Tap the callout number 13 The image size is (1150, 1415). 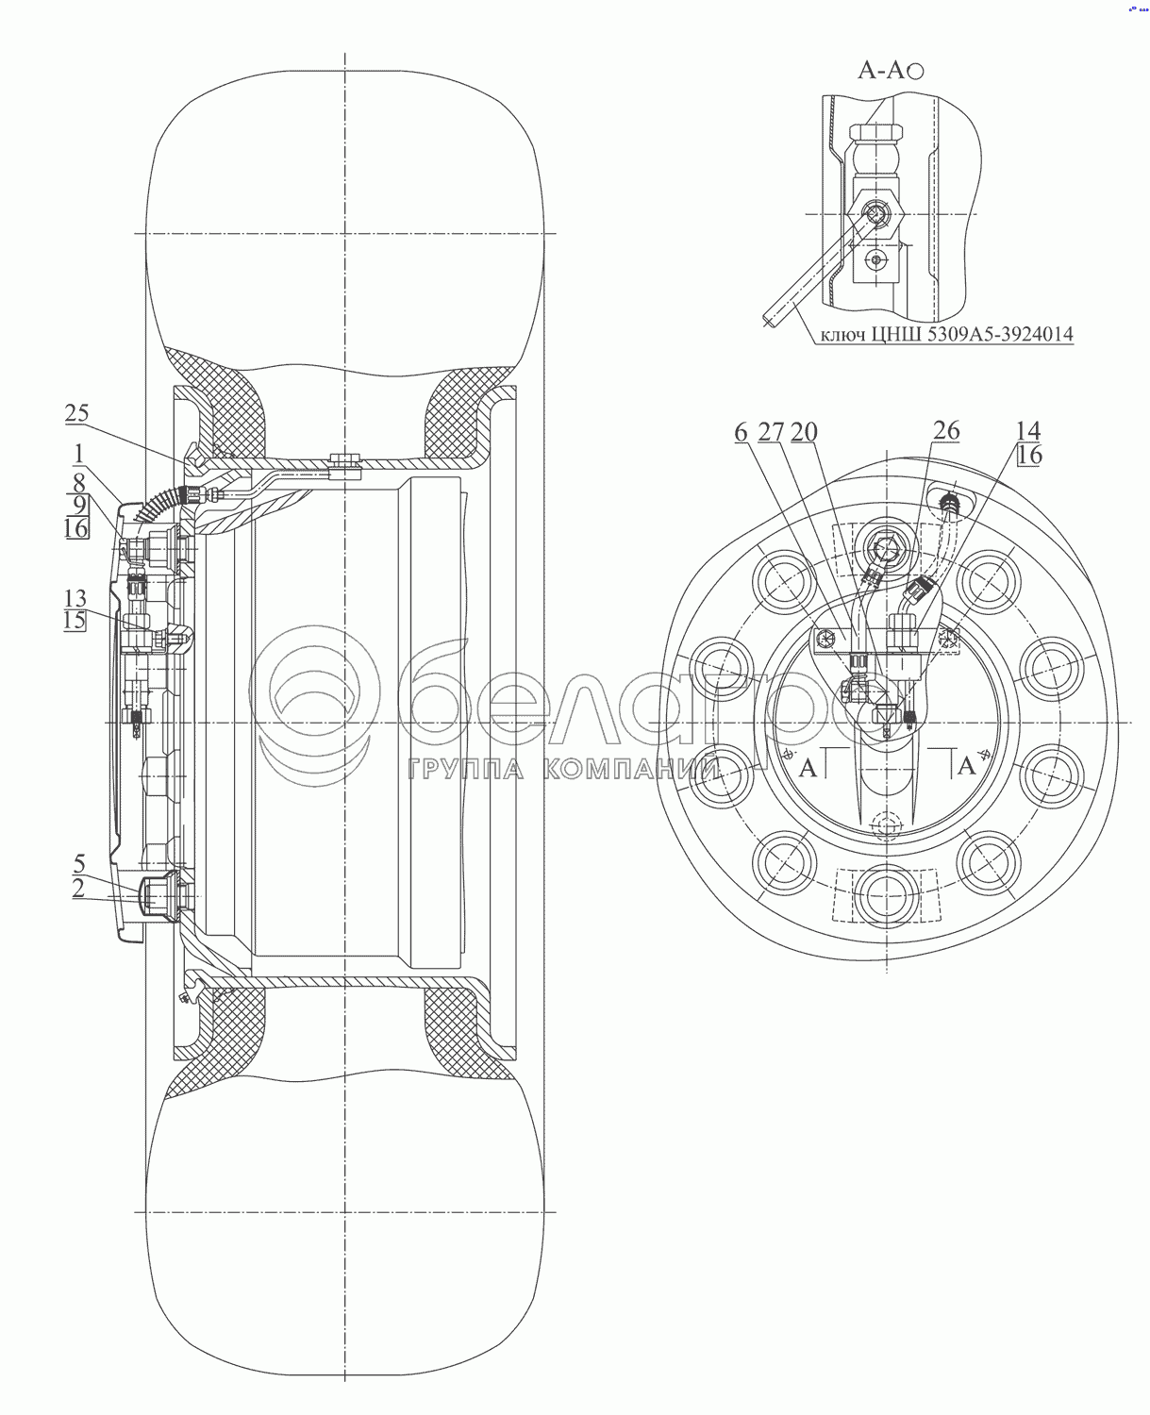(x=75, y=599)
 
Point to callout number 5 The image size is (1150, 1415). (x=80, y=862)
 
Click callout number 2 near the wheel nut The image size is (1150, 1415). (x=80, y=887)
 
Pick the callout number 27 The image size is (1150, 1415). (x=771, y=431)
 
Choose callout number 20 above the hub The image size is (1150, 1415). (x=805, y=431)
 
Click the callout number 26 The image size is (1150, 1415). (x=946, y=431)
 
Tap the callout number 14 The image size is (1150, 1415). (x=1027, y=431)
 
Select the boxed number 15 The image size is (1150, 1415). (x=75, y=621)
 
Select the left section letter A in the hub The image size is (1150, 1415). (x=808, y=767)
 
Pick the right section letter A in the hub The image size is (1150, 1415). (x=965, y=767)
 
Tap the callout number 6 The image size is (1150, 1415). (x=741, y=431)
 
